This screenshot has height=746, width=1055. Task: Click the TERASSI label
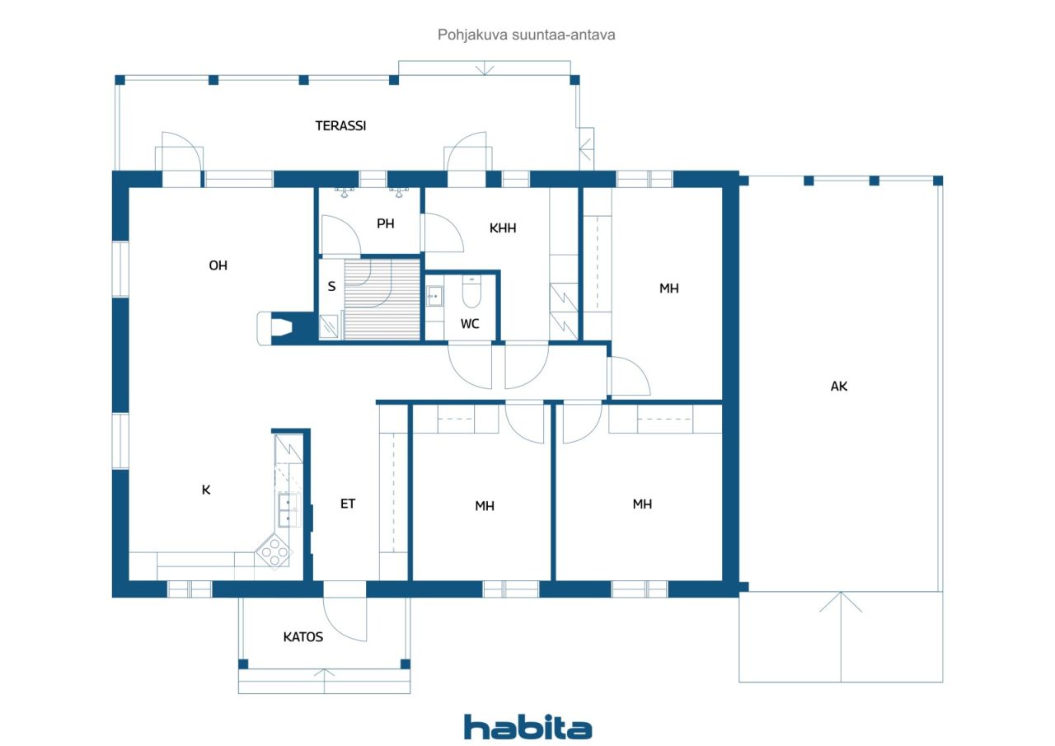pos(340,126)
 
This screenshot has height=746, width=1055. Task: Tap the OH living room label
pos(218,265)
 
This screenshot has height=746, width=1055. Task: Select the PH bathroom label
pos(385,223)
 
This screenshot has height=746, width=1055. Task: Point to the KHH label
pos(503,228)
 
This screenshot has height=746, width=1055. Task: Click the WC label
pos(470,324)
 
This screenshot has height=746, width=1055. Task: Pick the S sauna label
pos(331,286)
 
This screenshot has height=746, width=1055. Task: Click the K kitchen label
pos(206,490)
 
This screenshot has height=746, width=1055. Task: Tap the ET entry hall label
pos(348,504)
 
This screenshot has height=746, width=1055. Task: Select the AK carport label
pos(839,387)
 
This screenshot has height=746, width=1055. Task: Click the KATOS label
pos(302,637)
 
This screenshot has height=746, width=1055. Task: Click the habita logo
pos(527,727)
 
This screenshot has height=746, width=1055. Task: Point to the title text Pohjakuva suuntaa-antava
pos(526,35)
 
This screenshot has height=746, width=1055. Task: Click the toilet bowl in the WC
pos(471,292)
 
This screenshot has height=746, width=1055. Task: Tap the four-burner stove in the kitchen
pos(274,551)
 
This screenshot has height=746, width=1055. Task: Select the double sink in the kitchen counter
pos(289,510)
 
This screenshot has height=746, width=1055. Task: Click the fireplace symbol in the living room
pos(275,328)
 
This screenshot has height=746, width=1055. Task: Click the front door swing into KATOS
pos(345,619)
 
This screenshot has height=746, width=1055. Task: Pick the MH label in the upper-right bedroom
pos(668,289)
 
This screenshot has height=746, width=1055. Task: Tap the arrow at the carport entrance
pos(841,636)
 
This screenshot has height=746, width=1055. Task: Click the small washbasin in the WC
pos(434,296)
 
